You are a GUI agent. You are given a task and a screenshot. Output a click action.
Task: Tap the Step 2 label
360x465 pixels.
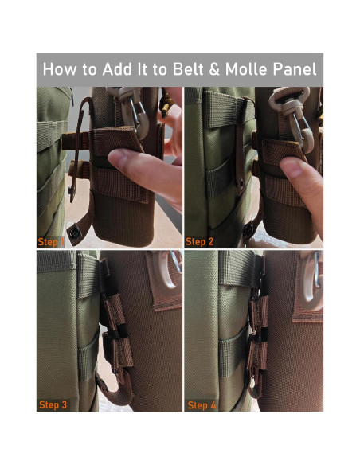(x=201, y=240)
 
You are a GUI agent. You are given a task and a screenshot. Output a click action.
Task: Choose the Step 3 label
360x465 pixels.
(x=53, y=405)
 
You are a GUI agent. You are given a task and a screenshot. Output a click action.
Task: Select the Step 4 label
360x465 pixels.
(x=202, y=405)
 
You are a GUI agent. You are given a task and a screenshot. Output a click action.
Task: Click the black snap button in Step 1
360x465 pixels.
(x=74, y=231)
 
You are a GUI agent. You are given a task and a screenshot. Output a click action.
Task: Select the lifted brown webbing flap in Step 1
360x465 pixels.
(x=119, y=143)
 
